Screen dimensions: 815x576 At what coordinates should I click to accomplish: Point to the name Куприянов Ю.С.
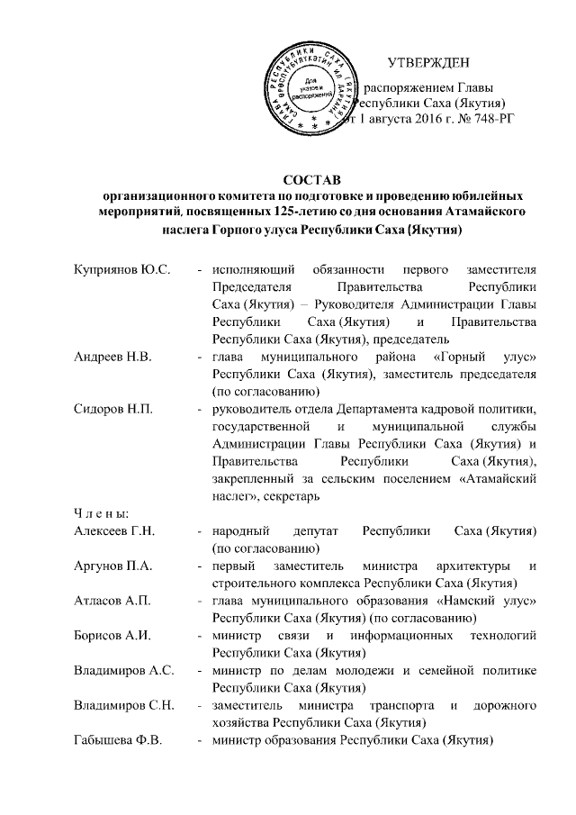[122, 270]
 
